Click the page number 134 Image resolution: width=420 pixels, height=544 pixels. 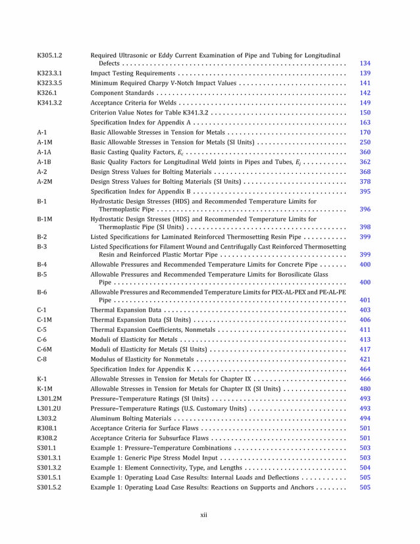click(x=365, y=63)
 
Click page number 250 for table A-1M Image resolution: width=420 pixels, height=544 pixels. click(x=365, y=142)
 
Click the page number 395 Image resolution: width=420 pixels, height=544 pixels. click(x=365, y=192)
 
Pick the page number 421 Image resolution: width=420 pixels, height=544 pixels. click(x=365, y=359)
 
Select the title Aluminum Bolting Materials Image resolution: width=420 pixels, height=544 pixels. click(x=130, y=418)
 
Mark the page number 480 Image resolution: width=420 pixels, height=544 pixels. click(x=365, y=389)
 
